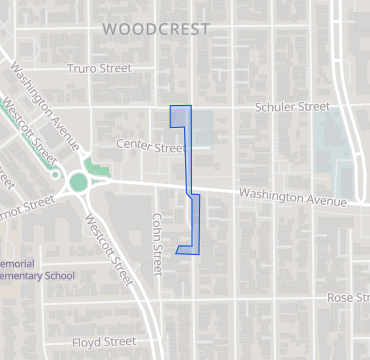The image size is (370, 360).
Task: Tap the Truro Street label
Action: (99, 69)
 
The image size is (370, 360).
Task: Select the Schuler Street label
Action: (292, 106)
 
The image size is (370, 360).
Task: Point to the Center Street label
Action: (150, 147)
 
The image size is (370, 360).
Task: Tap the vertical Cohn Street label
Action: (157, 244)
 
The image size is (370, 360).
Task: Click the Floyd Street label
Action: (103, 341)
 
